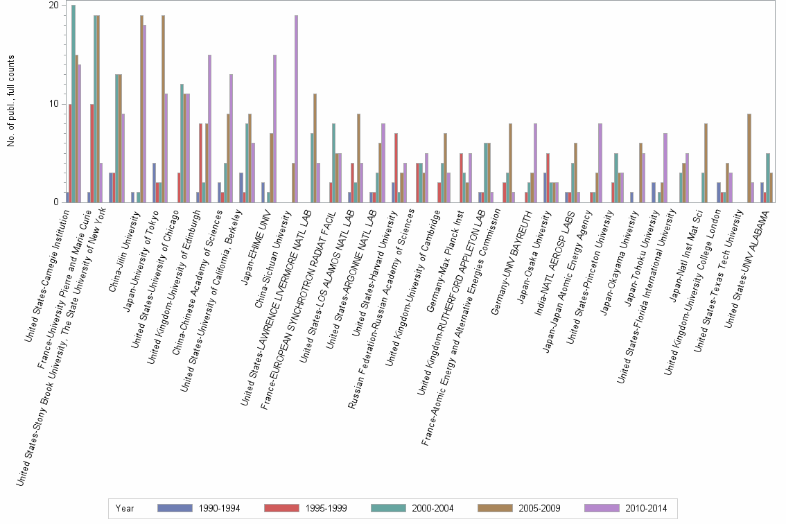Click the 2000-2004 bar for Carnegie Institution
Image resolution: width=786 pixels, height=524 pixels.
(x=73, y=104)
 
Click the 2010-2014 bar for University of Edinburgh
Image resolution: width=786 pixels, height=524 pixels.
(x=209, y=128)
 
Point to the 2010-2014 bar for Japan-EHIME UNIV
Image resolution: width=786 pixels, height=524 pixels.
(x=274, y=128)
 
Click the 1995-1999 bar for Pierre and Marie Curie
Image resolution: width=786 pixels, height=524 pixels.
(x=92, y=153)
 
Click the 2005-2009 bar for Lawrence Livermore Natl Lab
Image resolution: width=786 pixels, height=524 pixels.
(x=315, y=148)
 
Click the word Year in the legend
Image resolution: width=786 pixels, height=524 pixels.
(x=125, y=508)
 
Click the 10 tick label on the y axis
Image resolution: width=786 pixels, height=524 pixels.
(x=53, y=104)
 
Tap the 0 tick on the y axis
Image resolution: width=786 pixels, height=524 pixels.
(x=56, y=202)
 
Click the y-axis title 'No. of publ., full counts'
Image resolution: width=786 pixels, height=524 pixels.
(x=10, y=104)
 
